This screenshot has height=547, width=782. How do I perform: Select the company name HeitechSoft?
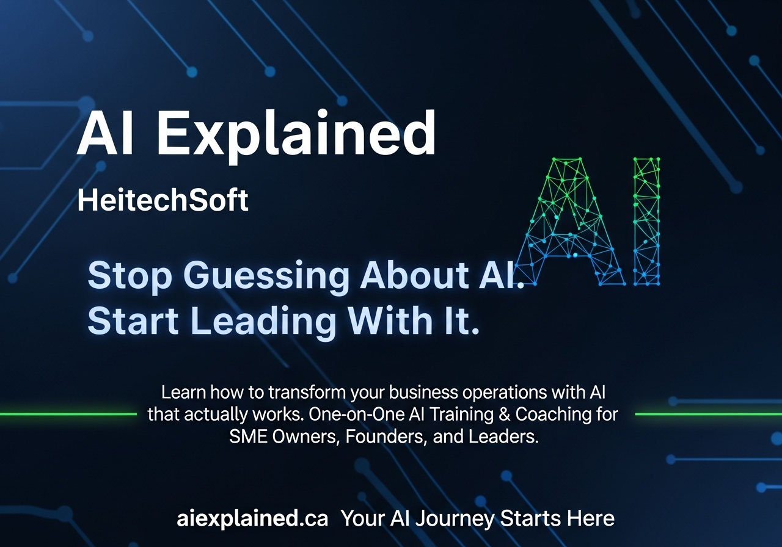click(x=163, y=201)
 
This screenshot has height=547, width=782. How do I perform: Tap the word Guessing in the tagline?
click(x=267, y=277)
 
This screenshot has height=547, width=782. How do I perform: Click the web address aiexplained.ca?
click(x=252, y=518)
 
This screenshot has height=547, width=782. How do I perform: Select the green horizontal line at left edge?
click(x=67, y=414)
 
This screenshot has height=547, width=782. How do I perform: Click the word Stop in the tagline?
click(x=130, y=277)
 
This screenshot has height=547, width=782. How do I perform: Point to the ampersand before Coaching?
click(x=504, y=415)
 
